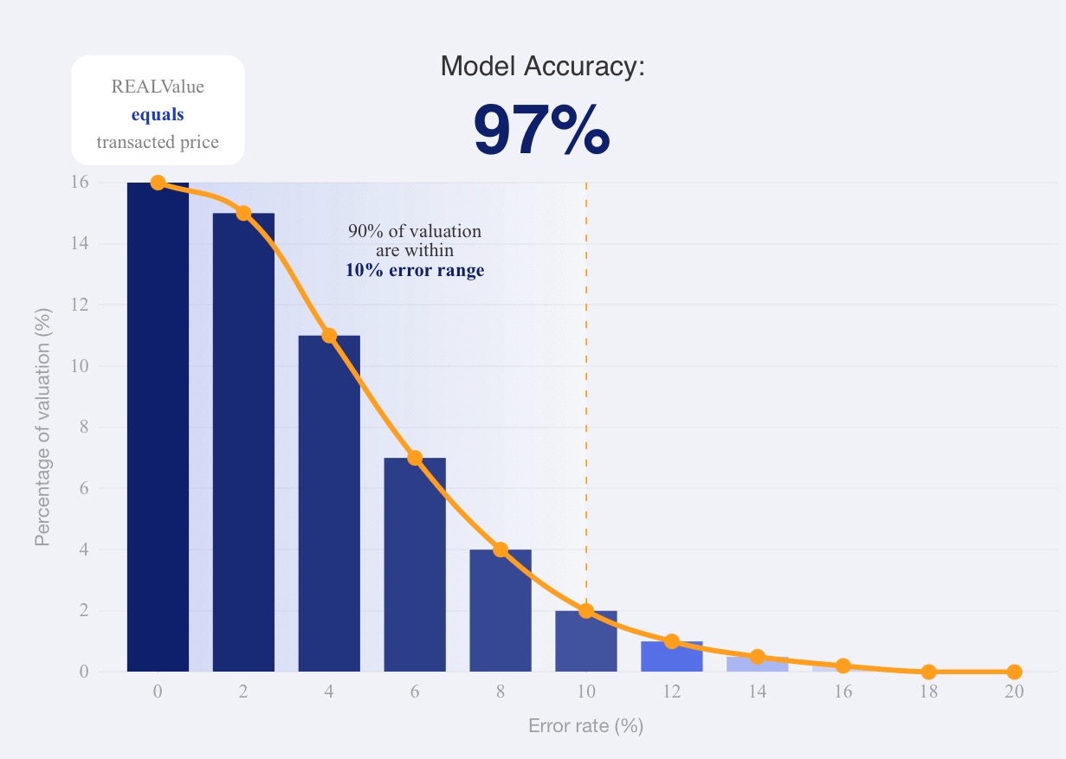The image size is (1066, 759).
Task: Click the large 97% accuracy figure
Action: pos(541,131)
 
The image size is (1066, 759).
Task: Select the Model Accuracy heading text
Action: pos(542,67)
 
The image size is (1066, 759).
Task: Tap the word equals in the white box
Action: pos(158,114)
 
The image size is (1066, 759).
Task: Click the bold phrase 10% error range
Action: pos(415,270)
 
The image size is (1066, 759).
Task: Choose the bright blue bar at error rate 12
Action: pos(671,657)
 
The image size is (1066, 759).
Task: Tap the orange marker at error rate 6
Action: pos(415,458)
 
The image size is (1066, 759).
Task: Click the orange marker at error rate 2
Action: pos(243,213)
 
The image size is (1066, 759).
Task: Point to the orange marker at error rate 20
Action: pos(1014,672)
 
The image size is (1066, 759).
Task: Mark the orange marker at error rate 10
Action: pos(586,611)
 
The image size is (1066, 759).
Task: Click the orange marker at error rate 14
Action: pos(757,657)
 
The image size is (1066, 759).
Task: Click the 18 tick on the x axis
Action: pos(928,691)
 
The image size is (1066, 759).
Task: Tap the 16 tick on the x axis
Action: pos(843,691)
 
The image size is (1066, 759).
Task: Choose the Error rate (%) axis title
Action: pos(585,726)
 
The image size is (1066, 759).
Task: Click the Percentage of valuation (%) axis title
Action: pos(42,427)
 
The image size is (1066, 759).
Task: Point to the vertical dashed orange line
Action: pos(586,389)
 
